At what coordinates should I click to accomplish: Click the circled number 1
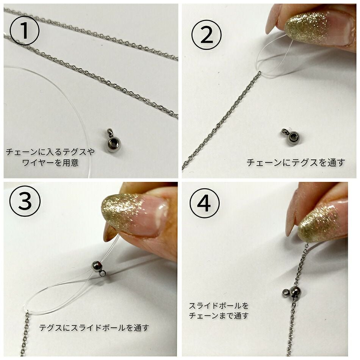click(x=24, y=31)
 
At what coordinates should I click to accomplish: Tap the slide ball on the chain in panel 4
click(x=295, y=292)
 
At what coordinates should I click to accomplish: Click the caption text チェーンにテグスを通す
click(x=296, y=163)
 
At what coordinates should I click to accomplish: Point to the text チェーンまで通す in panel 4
click(x=219, y=315)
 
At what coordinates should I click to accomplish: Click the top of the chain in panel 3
click(x=28, y=314)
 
